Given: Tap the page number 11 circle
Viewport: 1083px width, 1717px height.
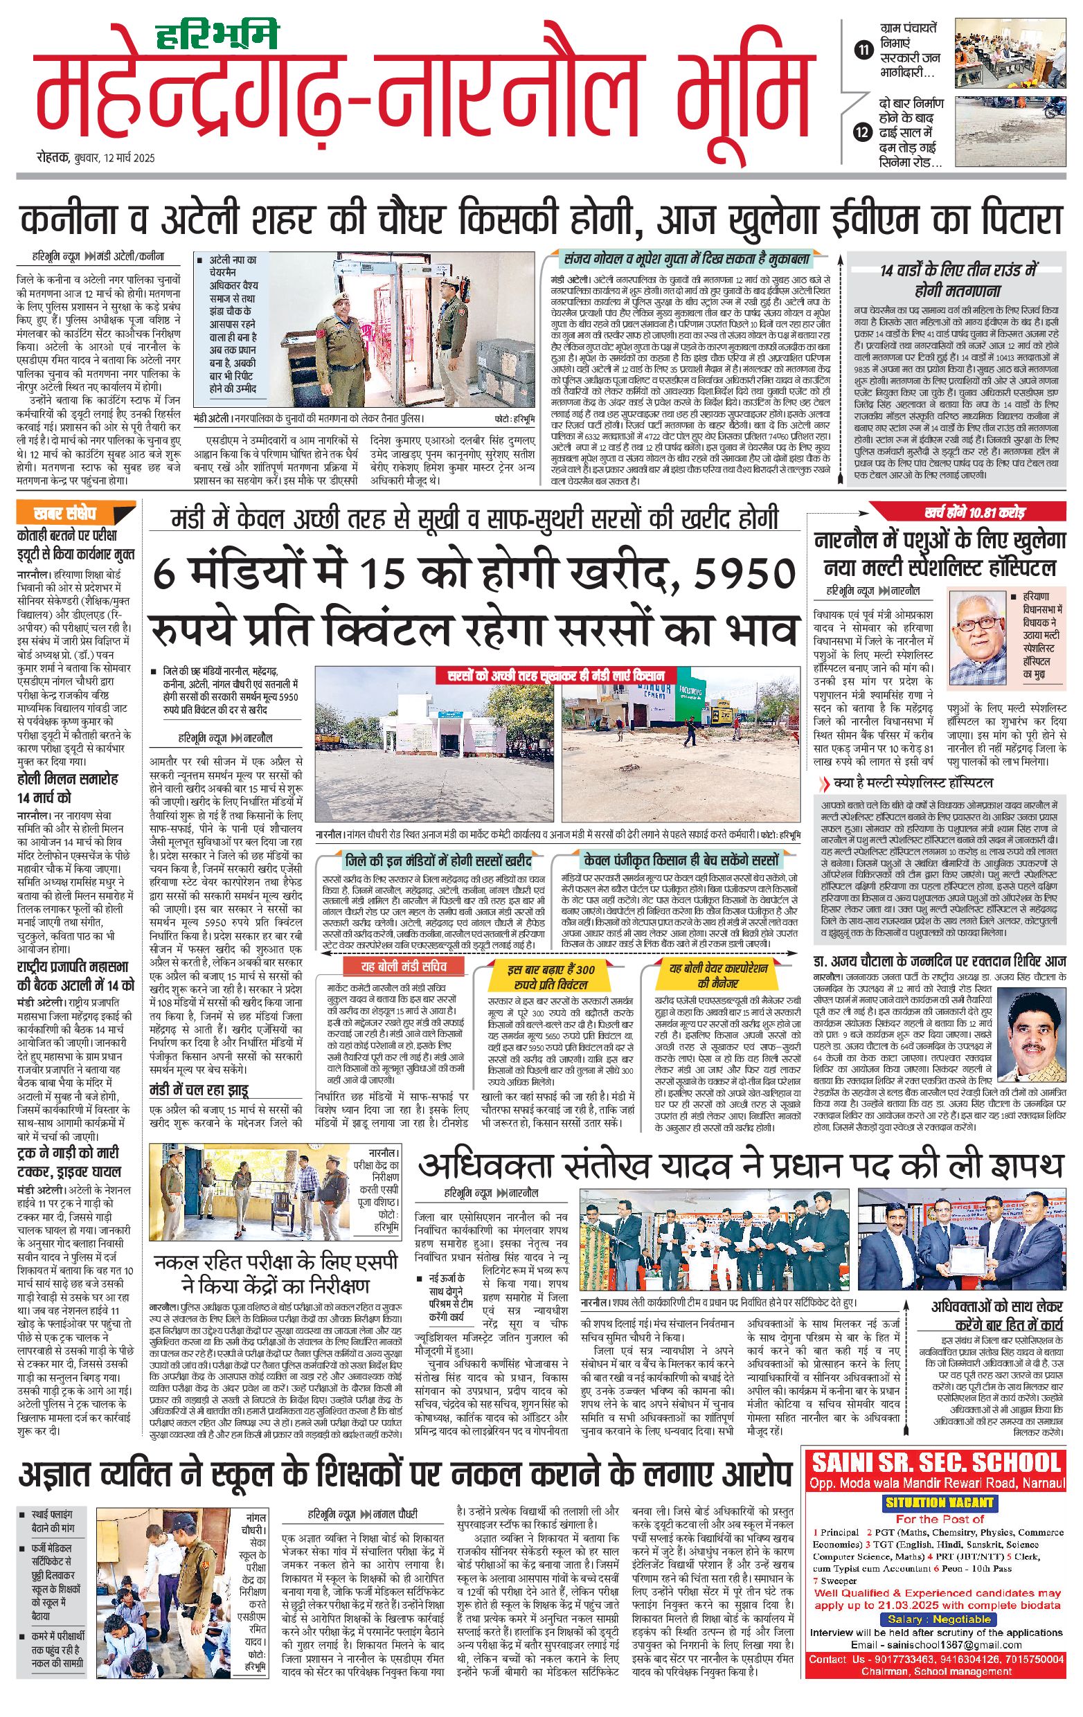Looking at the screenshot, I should tap(863, 50).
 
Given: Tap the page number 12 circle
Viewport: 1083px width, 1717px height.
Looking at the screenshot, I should tap(863, 133).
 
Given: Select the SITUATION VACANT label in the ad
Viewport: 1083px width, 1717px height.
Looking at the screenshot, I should tap(933, 1502).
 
